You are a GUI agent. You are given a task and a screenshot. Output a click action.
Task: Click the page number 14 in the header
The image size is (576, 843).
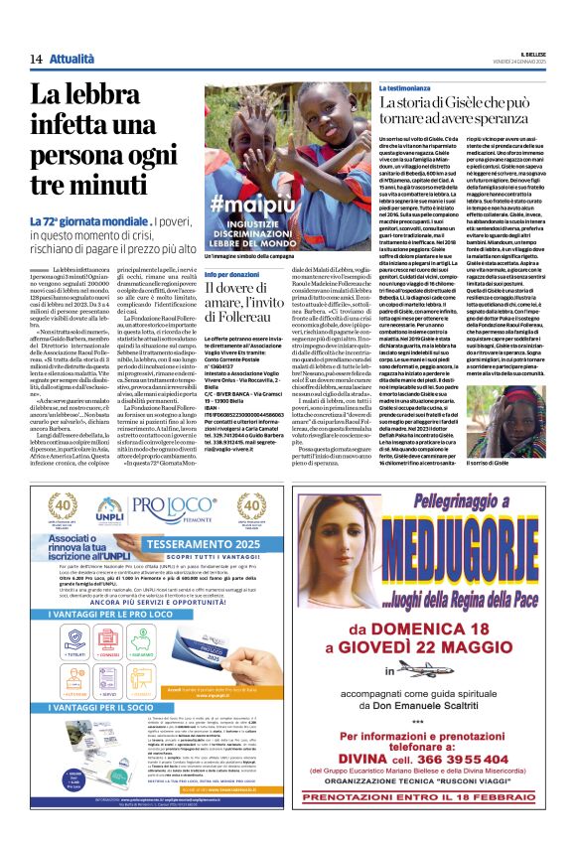point(34,60)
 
